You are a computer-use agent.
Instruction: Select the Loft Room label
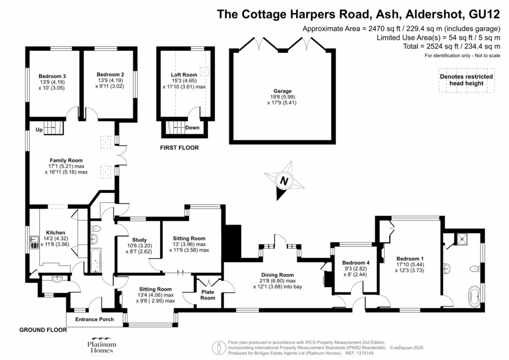(184, 75)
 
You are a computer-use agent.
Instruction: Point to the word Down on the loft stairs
(192, 128)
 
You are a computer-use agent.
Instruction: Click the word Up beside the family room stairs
(38, 130)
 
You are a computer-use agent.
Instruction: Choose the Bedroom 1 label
(410, 258)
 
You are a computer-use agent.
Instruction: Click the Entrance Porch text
(94, 319)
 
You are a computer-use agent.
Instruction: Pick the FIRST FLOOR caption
(179, 148)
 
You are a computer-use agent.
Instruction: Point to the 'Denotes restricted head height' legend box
(466, 80)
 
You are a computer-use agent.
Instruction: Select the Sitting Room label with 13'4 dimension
(155, 289)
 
